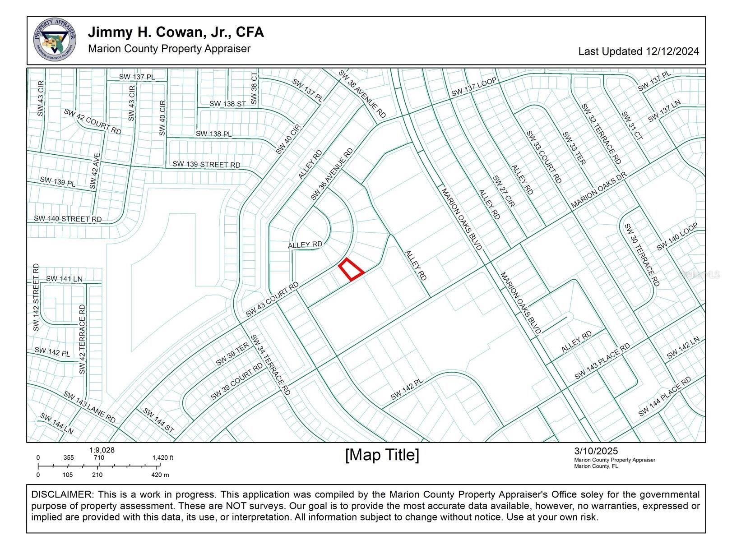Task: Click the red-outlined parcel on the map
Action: (351, 270)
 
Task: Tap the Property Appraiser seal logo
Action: (55, 40)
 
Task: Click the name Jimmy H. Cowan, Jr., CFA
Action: (176, 32)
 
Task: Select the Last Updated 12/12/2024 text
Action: (638, 51)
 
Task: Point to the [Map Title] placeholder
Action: (382, 455)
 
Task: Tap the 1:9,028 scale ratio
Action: (102, 450)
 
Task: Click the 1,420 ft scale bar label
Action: (163, 457)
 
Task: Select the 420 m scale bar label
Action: (160, 475)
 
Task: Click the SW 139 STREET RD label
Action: (206, 165)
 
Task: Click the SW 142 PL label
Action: (407, 389)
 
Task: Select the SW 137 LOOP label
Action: (474, 87)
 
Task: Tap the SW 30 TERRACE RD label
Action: (642, 254)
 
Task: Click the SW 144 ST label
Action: (158, 420)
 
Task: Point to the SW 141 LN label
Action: (64, 279)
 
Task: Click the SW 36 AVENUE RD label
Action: (331, 175)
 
